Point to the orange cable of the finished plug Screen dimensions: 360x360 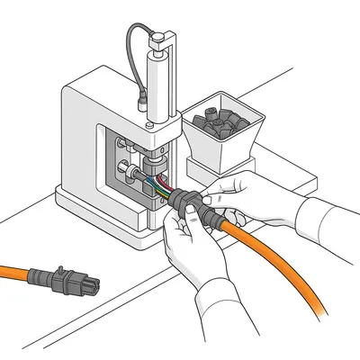pos(22,269)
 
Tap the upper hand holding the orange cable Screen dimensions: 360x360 pos(229,193)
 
